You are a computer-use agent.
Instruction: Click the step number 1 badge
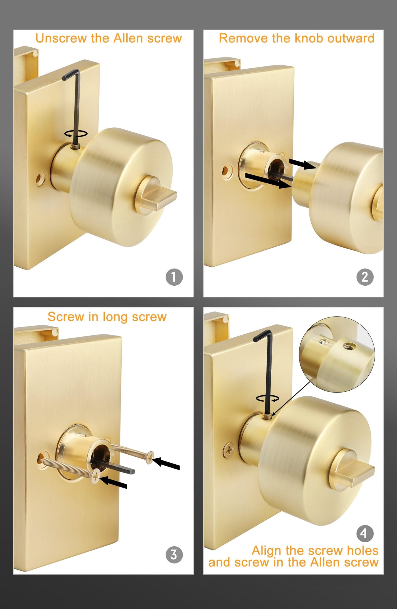point(174,277)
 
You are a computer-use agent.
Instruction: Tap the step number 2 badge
point(365,277)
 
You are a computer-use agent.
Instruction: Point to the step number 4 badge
point(365,533)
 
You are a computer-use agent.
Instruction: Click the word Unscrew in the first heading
point(61,38)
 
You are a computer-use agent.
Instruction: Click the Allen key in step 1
point(74,108)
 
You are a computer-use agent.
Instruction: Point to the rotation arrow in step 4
point(267,399)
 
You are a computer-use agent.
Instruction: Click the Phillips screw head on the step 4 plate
point(228,450)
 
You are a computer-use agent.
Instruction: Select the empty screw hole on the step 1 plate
point(40,179)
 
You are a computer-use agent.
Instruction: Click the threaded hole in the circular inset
point(347,346)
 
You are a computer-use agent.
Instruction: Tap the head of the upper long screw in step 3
point(150,458)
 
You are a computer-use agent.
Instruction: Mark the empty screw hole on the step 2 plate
point(225,171)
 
